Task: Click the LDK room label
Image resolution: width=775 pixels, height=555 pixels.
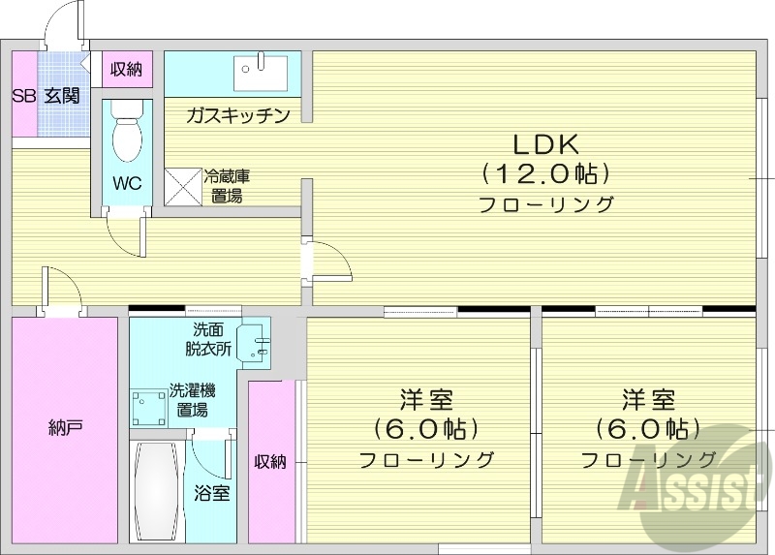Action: (x=545, y=145)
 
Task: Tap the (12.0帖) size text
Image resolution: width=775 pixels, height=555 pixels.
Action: (x=545, y=174)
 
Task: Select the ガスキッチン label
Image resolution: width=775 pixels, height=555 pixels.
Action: (x=238, y=116)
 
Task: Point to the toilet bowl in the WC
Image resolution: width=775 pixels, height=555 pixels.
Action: (x=127, y=137)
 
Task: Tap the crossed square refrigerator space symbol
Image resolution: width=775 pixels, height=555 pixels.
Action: (x=181, y=186)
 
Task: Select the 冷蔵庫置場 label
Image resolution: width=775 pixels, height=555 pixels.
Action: (x=227, y=186)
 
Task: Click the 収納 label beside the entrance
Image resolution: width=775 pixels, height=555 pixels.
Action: (x=126, y=69)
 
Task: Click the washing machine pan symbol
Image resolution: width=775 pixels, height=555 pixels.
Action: (x=148, y=407)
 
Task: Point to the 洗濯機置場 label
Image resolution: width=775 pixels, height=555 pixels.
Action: (x=192, y=399)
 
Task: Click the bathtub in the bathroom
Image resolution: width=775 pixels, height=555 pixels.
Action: (x=155, y=494)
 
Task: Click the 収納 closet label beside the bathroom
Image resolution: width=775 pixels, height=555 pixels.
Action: (x=270, y=461)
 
